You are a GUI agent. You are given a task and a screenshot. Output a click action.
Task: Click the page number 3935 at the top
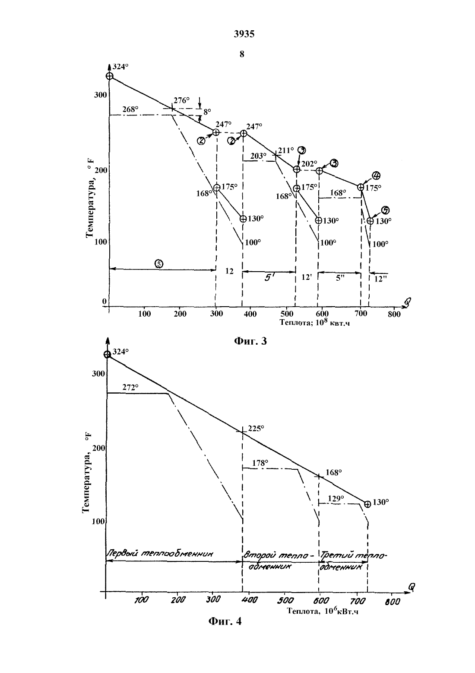[x=244, y=34]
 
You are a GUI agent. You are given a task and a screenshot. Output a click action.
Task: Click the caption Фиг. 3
[x=250, y=341]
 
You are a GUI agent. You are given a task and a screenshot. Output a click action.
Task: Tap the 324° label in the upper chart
[x=120, y=67]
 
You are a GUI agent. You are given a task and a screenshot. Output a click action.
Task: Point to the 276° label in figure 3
[x=182, y=100]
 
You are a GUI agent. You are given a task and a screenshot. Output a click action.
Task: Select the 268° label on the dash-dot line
[x=130, y=109]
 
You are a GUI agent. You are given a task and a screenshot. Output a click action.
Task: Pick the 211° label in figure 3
[x=286, y=150]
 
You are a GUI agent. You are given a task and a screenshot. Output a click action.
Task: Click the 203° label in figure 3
[x=259, y=156]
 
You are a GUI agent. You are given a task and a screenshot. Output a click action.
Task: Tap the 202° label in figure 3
[x=309, y=164]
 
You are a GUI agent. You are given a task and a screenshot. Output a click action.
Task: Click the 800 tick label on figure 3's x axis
[x=394, y=314]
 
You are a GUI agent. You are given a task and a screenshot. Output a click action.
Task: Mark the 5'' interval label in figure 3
[x=340, y=278]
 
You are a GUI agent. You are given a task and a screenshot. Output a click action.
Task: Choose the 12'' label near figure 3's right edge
[x=380, y=279]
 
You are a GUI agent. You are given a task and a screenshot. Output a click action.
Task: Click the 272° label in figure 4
[x=130, y=388]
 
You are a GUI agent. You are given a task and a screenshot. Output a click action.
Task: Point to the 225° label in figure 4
[x=256, y=428]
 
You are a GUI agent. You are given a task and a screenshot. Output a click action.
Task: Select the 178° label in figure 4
[x=260, y=463]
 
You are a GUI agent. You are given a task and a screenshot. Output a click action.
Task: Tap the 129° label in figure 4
[x=336, y=498]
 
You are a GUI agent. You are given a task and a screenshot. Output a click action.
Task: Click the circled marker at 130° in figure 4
[x=367, y=504]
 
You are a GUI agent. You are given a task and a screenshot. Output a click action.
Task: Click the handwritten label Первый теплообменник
[x=160, y=553]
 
